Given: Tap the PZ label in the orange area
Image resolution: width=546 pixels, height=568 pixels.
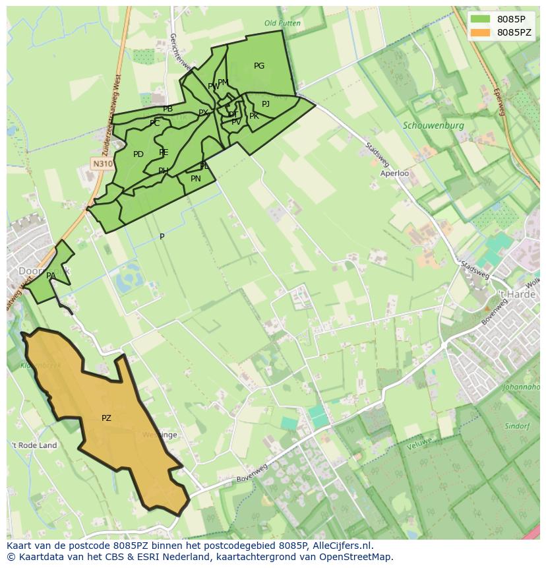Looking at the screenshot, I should [x=106, y=418].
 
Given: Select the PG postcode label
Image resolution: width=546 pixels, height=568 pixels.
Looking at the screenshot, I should [x=259, y=66].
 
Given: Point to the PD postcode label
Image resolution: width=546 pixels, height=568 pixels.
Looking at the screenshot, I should [x=138, y=154].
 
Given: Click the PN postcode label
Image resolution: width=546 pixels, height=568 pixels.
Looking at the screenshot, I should [x=196, y=179].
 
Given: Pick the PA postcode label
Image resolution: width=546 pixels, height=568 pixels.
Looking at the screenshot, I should [x=51, y=276].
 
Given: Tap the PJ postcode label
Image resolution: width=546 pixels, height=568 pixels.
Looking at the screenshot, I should [x=266, y=104].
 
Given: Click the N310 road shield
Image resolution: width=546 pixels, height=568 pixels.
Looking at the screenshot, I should [x=102, y=164].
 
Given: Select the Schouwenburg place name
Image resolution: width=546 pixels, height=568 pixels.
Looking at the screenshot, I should [x=433, y=125].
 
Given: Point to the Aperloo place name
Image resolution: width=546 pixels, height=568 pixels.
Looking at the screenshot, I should [x=394, y=174].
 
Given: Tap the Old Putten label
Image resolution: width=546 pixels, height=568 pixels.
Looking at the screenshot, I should [x=282, y=23].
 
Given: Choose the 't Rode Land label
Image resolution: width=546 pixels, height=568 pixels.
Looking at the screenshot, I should [x=34, y=445].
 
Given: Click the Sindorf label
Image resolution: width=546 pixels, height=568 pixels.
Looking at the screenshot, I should [x=517, y=426].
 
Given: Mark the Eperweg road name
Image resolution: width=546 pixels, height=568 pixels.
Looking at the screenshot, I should [x=497, y=102].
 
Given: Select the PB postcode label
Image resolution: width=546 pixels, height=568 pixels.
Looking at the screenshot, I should [x=168, y=109].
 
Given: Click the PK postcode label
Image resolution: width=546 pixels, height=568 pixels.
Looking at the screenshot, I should [x=254, y=116].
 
